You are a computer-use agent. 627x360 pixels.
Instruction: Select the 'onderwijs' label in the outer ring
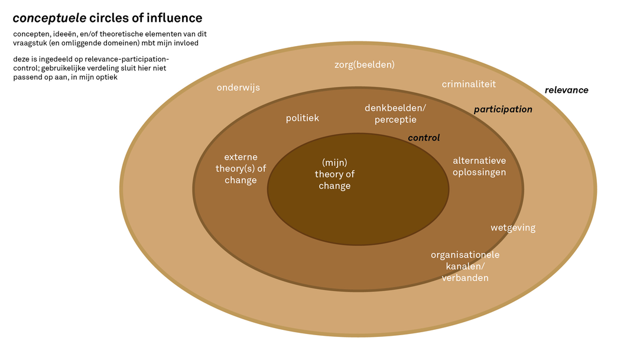click(x=238, y=87)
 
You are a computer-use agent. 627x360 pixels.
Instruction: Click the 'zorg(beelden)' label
click(x=364, y=64)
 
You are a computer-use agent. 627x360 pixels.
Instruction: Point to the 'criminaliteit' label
click(x=469, y=84)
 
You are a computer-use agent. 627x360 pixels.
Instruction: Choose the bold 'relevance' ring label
click(x=566, y=90)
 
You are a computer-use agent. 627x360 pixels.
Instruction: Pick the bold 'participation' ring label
click(x=503, y=109)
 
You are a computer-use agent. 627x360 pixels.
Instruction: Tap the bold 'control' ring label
click(x=424, y=138)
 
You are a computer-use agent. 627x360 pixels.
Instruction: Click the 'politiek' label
click(x=303, y=118)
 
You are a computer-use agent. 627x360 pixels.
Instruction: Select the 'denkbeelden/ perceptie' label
click(x=395, y=114)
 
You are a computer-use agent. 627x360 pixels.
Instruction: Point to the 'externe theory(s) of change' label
click(x=241, y=168)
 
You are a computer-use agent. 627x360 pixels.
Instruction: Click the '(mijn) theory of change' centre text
click(x=334, y=174)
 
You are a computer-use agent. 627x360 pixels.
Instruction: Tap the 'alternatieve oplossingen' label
click(x=479, y=167)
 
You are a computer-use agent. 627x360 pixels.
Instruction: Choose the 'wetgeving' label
click(x=513, y=228)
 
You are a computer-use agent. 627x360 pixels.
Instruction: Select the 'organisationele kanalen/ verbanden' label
click(x=465, y=266)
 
